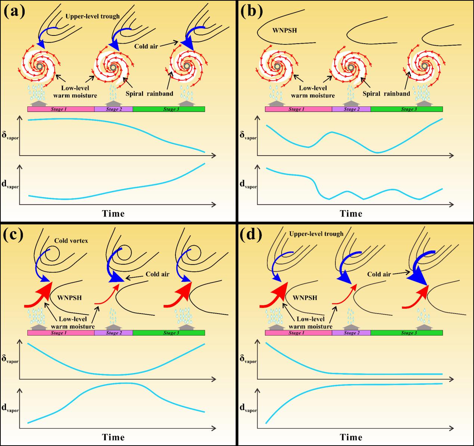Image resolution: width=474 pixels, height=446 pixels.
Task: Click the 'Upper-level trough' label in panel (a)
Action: (92, 16)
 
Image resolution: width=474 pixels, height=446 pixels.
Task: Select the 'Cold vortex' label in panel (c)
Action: (71, 241)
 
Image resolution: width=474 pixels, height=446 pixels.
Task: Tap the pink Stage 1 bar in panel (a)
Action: (61, 109)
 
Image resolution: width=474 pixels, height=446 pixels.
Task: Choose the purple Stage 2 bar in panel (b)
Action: (351, 109)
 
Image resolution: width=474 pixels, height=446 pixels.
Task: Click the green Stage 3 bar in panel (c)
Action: (169, 333)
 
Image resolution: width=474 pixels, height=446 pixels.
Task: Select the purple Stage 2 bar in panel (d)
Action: (351, 333)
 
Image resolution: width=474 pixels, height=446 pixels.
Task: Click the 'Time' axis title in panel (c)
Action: (114, 437)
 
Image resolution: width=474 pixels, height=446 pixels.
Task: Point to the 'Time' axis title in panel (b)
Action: (351, 213)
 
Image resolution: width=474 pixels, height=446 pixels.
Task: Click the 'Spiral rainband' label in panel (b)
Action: (386, 94)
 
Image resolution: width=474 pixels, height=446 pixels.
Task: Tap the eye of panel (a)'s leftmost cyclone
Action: (40, 66)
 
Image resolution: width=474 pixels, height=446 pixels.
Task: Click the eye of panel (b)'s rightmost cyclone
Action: (424, 66)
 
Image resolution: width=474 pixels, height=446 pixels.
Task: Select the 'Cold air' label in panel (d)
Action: (379, 274)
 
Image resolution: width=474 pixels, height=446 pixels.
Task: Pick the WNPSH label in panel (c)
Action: (70, 298)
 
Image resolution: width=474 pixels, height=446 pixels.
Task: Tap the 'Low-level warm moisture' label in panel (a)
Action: (78, 92)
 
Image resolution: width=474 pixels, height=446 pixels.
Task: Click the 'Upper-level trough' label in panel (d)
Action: (316, 234)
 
